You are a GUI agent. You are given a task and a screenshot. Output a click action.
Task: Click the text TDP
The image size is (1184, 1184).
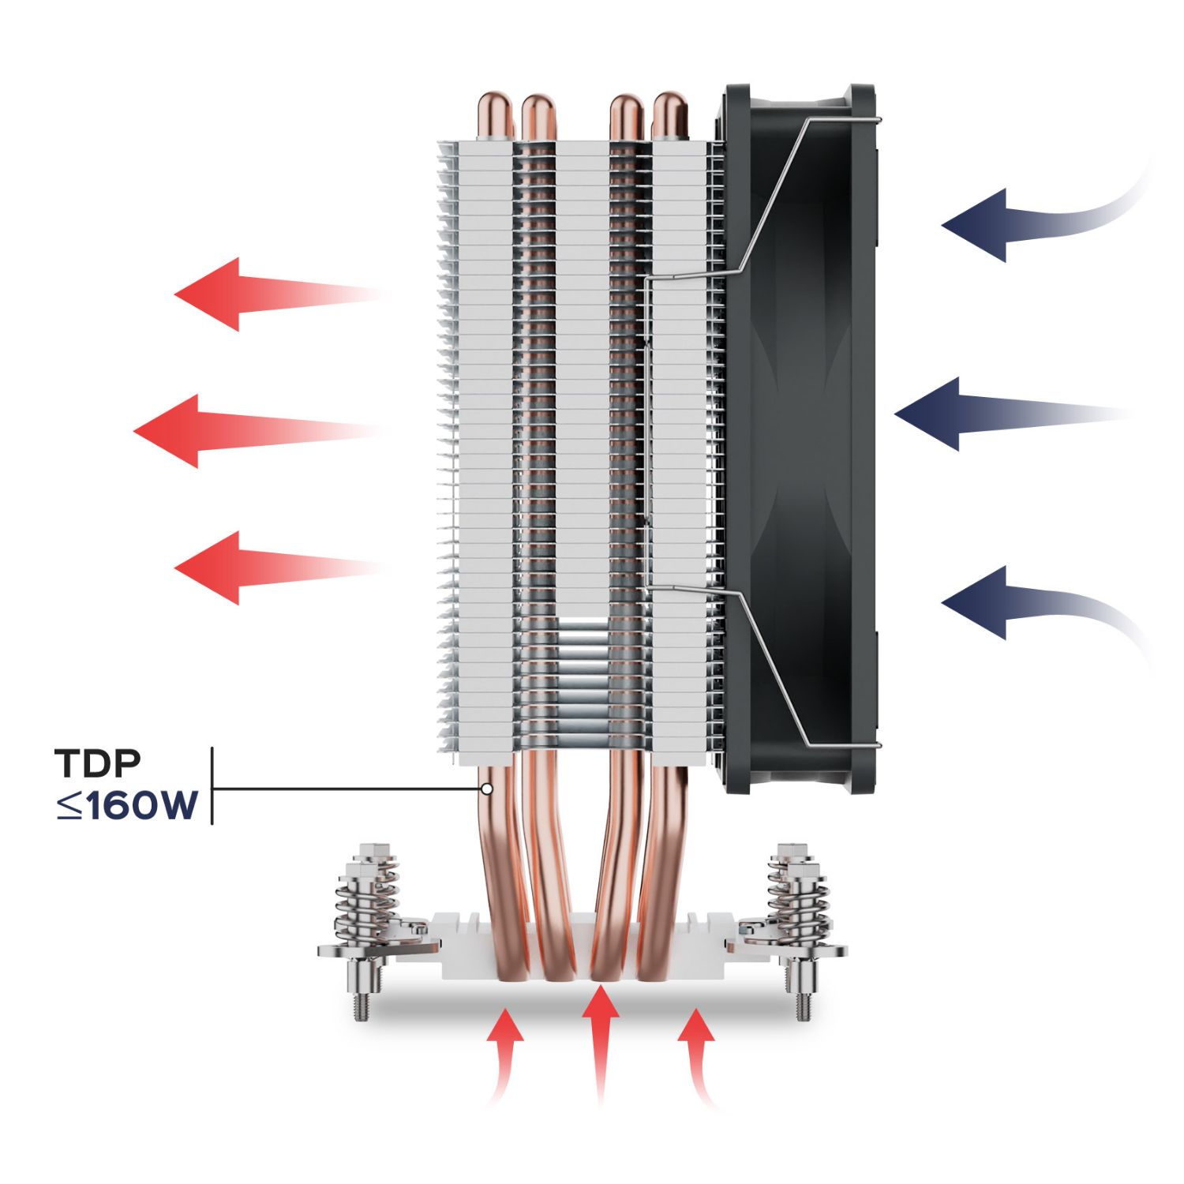tap(98, 762)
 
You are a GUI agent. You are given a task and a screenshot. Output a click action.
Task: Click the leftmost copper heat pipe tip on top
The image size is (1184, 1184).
tap(496, 114)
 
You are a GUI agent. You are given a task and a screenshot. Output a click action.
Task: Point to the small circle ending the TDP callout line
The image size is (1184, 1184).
tap(487, 789)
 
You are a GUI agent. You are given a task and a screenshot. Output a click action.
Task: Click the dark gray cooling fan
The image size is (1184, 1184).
tap(797, 434)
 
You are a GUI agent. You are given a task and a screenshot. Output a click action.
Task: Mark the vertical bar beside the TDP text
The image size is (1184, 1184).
tap(212, 785)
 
